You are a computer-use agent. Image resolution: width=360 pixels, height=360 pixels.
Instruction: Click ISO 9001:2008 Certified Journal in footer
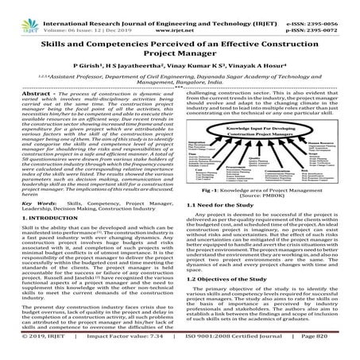coord(233,350)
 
